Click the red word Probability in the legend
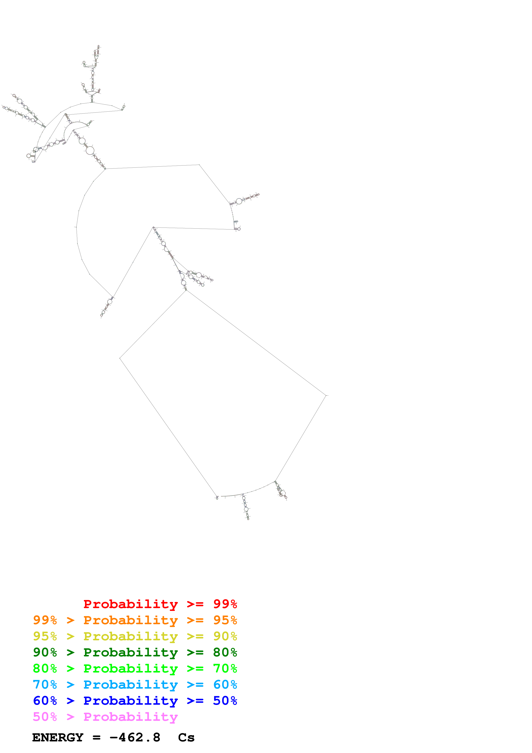pos(130,604)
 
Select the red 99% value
pos(225,604)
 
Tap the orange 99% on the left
pos(45,620)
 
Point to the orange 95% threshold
pos(225,620)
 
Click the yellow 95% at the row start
pos(45,636)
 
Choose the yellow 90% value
pos(225,636)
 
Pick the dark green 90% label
pos(45,652)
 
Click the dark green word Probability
pos(130,652)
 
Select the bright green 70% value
pos(225,668)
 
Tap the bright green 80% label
pos(45,668)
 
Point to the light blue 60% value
pos(225,685)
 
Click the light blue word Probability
pos(130,685)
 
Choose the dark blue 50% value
pos(225,701)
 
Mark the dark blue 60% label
pos(45,701)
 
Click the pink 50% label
pos(45,717)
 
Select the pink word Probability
pos(130,717)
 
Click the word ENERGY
pos(58,738)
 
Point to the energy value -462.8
pos(135,738)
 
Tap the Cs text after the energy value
pos(186,738)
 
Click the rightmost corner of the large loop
pos(326,396)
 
